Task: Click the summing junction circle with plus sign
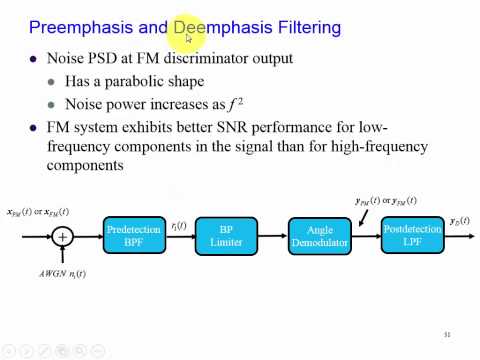click(x=63, y=237)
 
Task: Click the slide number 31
click(x=447, y=334)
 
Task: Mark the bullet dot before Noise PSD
click(x=33, y=59)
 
